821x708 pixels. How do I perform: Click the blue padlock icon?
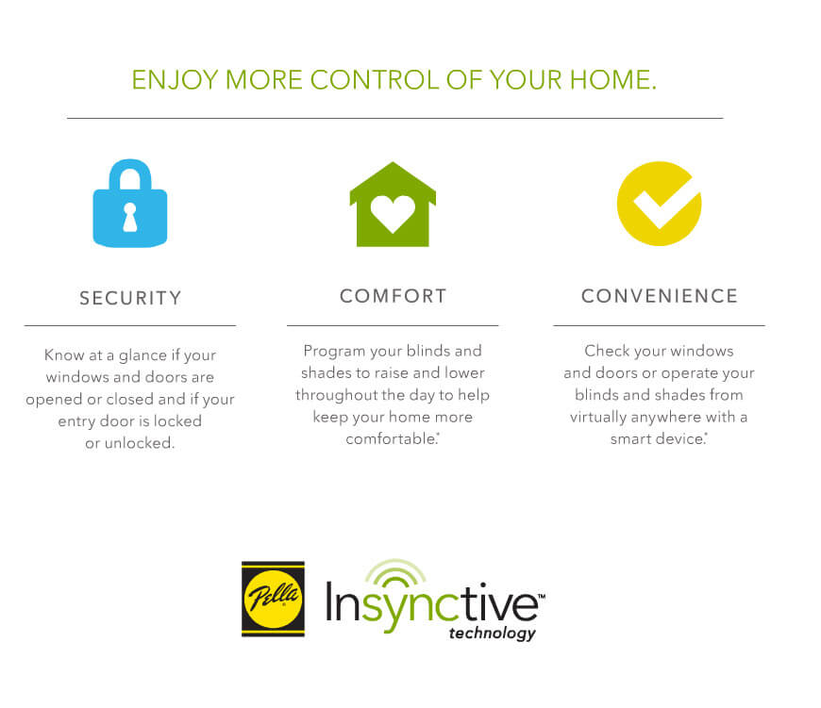(130, 203)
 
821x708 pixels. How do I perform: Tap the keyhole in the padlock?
(130, 218)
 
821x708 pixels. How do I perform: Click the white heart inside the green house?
(393, 213)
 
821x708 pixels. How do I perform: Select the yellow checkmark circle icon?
(659, 204)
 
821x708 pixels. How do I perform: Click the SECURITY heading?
(130, 298)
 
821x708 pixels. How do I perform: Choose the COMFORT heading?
(393, 296)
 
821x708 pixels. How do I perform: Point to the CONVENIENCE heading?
(660, 296)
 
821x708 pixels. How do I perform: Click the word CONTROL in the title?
(375, 80)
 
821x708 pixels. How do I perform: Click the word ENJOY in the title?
(175, 80)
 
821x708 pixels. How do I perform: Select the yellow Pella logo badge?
(273, 600)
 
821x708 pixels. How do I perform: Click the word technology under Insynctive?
(493, 634)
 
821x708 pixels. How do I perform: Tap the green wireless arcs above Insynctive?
(395, 572)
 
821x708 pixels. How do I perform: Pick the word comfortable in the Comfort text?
(391, 438)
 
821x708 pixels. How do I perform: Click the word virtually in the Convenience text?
(598, 418)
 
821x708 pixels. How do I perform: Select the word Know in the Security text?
(64, 355)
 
